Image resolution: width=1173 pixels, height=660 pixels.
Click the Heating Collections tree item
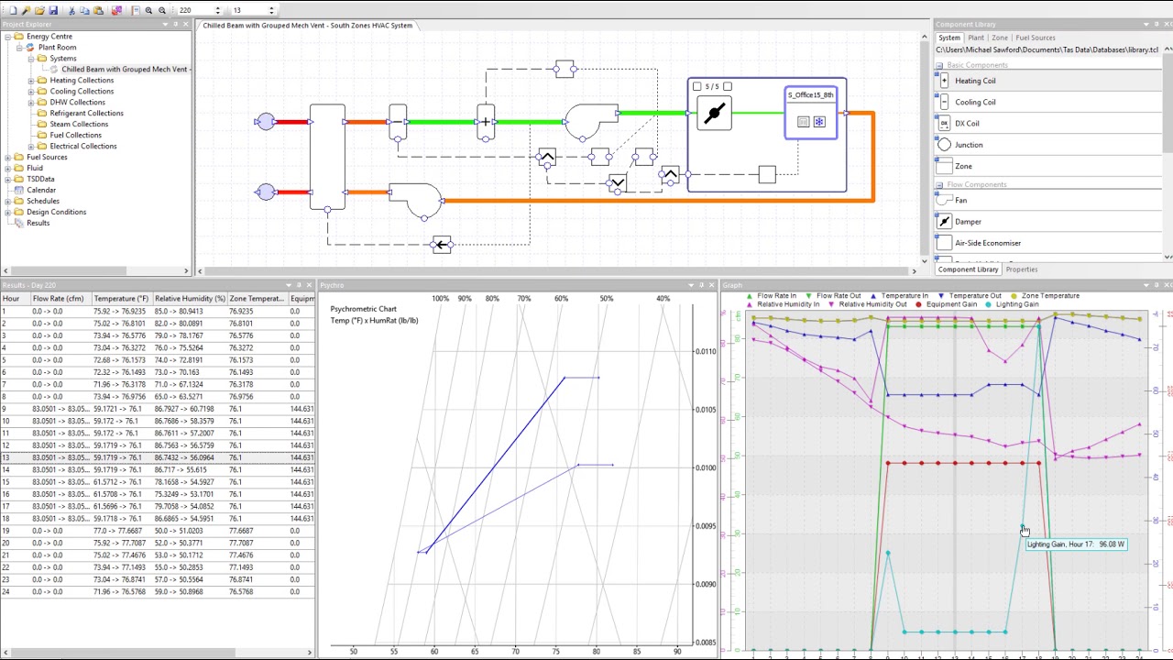[82, 80]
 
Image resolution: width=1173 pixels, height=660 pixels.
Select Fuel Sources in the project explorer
[47, 157]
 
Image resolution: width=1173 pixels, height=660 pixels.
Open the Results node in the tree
[38, 223]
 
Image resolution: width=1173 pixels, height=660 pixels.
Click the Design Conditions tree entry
[56, 212]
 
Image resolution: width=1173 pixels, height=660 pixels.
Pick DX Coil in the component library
[967, 123]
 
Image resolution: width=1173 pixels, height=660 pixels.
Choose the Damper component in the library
[968, 221]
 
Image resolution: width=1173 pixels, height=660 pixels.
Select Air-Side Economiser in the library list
[987, 243]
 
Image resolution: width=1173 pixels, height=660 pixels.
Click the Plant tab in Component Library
[976, 38]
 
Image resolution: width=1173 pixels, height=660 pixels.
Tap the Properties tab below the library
[1021, 269]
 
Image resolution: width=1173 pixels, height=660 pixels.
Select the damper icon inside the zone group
[715, 114]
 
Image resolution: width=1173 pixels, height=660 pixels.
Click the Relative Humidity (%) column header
[189, 298]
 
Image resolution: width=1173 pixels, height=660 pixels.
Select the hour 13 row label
[6, 457]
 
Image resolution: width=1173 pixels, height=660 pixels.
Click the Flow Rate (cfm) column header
[58, 298]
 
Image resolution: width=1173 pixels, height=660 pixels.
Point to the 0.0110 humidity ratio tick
[705, 351]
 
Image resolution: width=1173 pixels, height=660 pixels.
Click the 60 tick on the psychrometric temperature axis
[434, 651]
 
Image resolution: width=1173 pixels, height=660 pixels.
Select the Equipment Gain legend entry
[951, 304]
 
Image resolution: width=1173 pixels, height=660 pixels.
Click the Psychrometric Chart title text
[363, 309]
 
